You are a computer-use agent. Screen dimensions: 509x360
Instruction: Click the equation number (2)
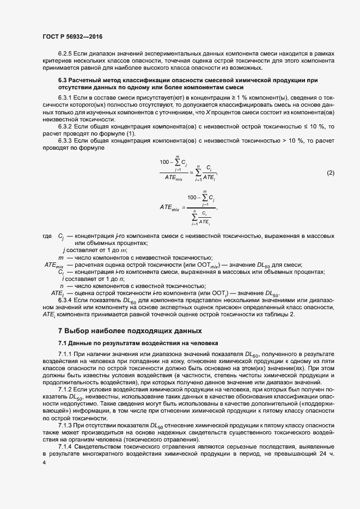[x=330, y=173]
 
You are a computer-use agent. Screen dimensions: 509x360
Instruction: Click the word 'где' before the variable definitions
[x=46, y=237]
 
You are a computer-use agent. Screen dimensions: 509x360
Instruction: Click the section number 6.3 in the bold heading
[x=62, y=80]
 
